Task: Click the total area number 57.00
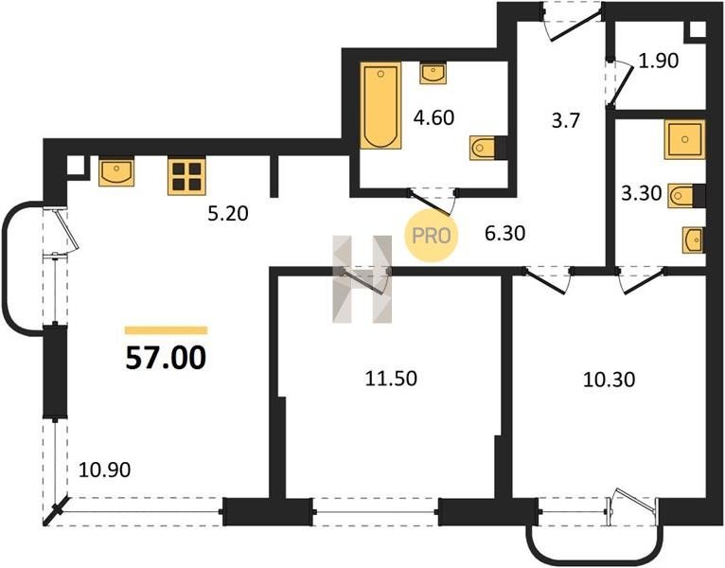coord(166,358)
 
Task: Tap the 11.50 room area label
coord(391,379)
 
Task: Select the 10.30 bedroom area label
coord(609,380)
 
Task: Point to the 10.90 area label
coord(104,470)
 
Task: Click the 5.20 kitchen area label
coord(228,214)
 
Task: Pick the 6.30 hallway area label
coord(504,233)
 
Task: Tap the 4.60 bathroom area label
coord(433,117)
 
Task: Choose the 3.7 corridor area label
coord(565,121)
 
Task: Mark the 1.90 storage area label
coord(658,61)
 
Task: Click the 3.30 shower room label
coord(642,193)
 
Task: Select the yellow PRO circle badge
coord(431,236)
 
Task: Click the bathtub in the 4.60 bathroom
coord(380,106)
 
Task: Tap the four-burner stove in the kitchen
coord(186,177)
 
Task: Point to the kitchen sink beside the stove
coord(116,171)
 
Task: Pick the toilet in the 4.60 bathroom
coord(484,148)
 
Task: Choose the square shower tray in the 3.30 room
coord(684,139)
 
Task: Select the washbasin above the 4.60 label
coord(433,74)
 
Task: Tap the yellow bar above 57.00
coord(166,330)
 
